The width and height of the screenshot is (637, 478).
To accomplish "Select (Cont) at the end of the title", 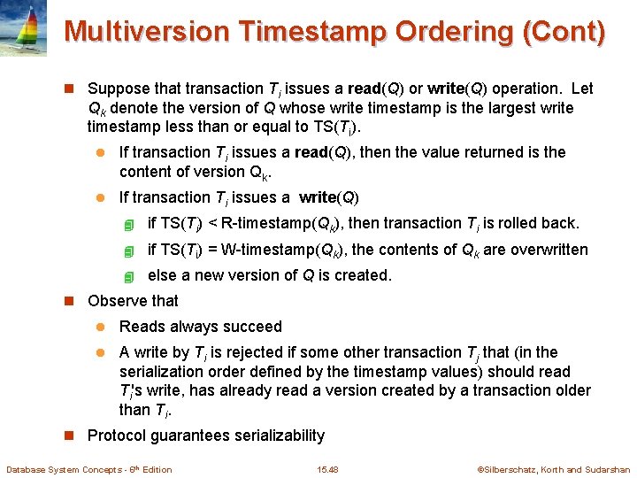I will pos(564,32).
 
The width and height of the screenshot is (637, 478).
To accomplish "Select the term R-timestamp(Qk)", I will pos(277,223).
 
